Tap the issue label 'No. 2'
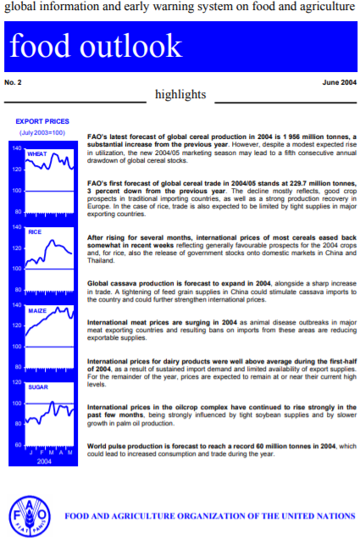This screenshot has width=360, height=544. [15, 82]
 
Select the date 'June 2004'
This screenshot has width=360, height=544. [339, 82]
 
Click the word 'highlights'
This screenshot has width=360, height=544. [181, 94]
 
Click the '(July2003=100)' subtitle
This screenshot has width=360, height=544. [42, 133]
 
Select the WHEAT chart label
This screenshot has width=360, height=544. [37, 154]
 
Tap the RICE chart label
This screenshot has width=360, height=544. [35, 231]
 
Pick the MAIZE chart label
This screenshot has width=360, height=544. [36, 311]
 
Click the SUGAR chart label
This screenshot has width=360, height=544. [38, 386]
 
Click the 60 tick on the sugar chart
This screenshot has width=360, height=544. [17, 445]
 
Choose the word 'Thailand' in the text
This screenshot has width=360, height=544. [102, 260]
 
